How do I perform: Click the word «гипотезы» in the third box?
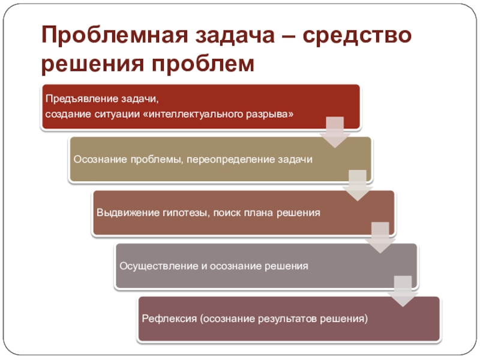tap(180, 212)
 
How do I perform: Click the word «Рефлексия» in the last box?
tap(163, 318)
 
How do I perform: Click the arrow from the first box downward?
tap(334, 132)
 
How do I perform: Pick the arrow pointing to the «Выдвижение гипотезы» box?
tap(357, 185)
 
